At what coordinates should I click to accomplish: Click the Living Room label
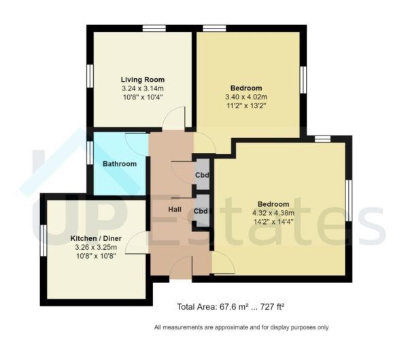[143, 80]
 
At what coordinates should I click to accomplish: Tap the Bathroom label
[120, 164]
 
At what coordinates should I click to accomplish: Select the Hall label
[174, 210]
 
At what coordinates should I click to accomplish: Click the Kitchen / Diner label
[96, 239]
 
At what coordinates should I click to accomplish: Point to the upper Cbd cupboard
[202, 174]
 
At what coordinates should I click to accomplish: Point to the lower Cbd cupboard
[201, 211]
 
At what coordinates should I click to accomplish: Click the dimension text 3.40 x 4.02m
[245, 97]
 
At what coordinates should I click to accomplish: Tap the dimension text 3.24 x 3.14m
[143, 88]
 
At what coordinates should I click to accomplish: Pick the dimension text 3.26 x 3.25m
[96, 248]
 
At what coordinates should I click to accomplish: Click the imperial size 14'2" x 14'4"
[273, 222]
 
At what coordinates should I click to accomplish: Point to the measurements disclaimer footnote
[241, 327]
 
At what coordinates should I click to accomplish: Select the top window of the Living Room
[154, 28]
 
